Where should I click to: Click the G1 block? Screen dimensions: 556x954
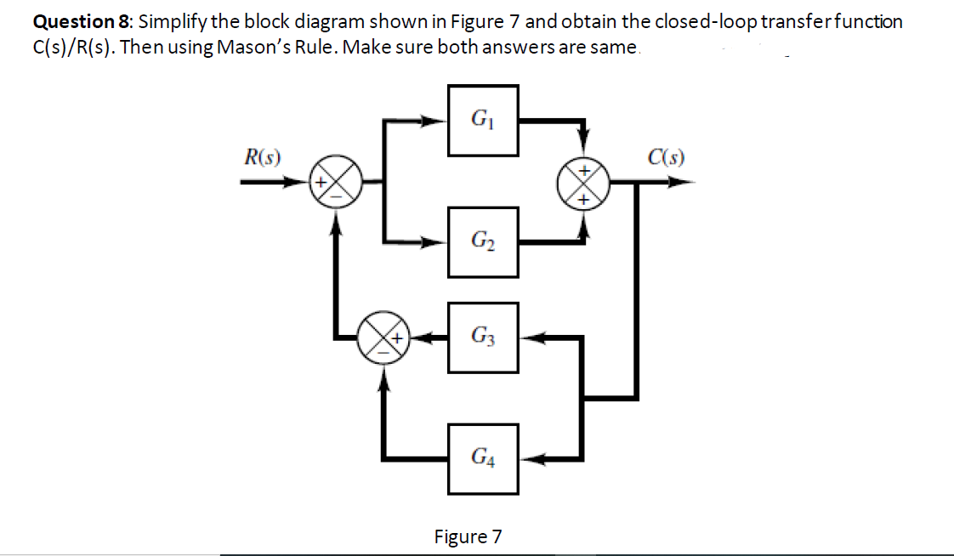point(484,121)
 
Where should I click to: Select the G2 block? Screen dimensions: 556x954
point(484,241)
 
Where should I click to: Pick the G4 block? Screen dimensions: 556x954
point(484,458)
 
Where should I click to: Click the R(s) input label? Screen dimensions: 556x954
point(263,156)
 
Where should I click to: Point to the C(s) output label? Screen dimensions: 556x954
point(665,156)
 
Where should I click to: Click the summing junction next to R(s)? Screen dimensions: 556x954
point(337,181)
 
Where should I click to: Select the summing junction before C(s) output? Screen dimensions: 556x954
point(583,181)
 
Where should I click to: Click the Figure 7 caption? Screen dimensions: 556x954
point(468,536)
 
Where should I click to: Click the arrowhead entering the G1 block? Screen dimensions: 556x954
point(440,121)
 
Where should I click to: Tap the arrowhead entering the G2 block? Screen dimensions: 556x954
point(440,241)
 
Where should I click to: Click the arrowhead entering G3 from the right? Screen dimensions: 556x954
point(529,338)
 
